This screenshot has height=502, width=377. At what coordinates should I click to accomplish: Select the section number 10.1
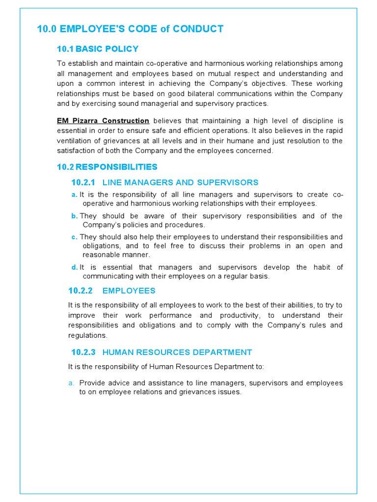click(x=65, y=49)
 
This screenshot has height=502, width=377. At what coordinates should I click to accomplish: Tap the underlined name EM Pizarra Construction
click(x=103, y=121)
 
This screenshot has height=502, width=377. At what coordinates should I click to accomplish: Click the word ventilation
click(x=77, y=141)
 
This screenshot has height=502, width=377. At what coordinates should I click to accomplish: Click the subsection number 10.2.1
click(x=83, y=182)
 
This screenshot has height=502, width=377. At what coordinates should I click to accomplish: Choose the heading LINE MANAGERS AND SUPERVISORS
click(x=180, y=182)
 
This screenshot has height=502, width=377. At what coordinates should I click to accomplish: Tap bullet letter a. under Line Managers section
click(x=74, y=195)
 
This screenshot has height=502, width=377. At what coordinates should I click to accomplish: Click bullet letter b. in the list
click(x=75, y=216)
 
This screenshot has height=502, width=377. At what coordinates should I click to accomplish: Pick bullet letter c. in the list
click(x=74, y=237)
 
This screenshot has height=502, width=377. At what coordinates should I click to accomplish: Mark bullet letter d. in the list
click(x=75, y=267)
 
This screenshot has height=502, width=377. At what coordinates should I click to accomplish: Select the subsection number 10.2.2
click(x=83, y=291)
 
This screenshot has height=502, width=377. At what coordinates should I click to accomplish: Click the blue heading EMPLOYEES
click(x=129, y=291)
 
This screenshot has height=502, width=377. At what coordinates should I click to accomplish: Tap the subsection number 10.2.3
click(x=83, y=352)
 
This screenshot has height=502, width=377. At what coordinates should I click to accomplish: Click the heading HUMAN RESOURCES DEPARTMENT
click(x=177, y=352)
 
